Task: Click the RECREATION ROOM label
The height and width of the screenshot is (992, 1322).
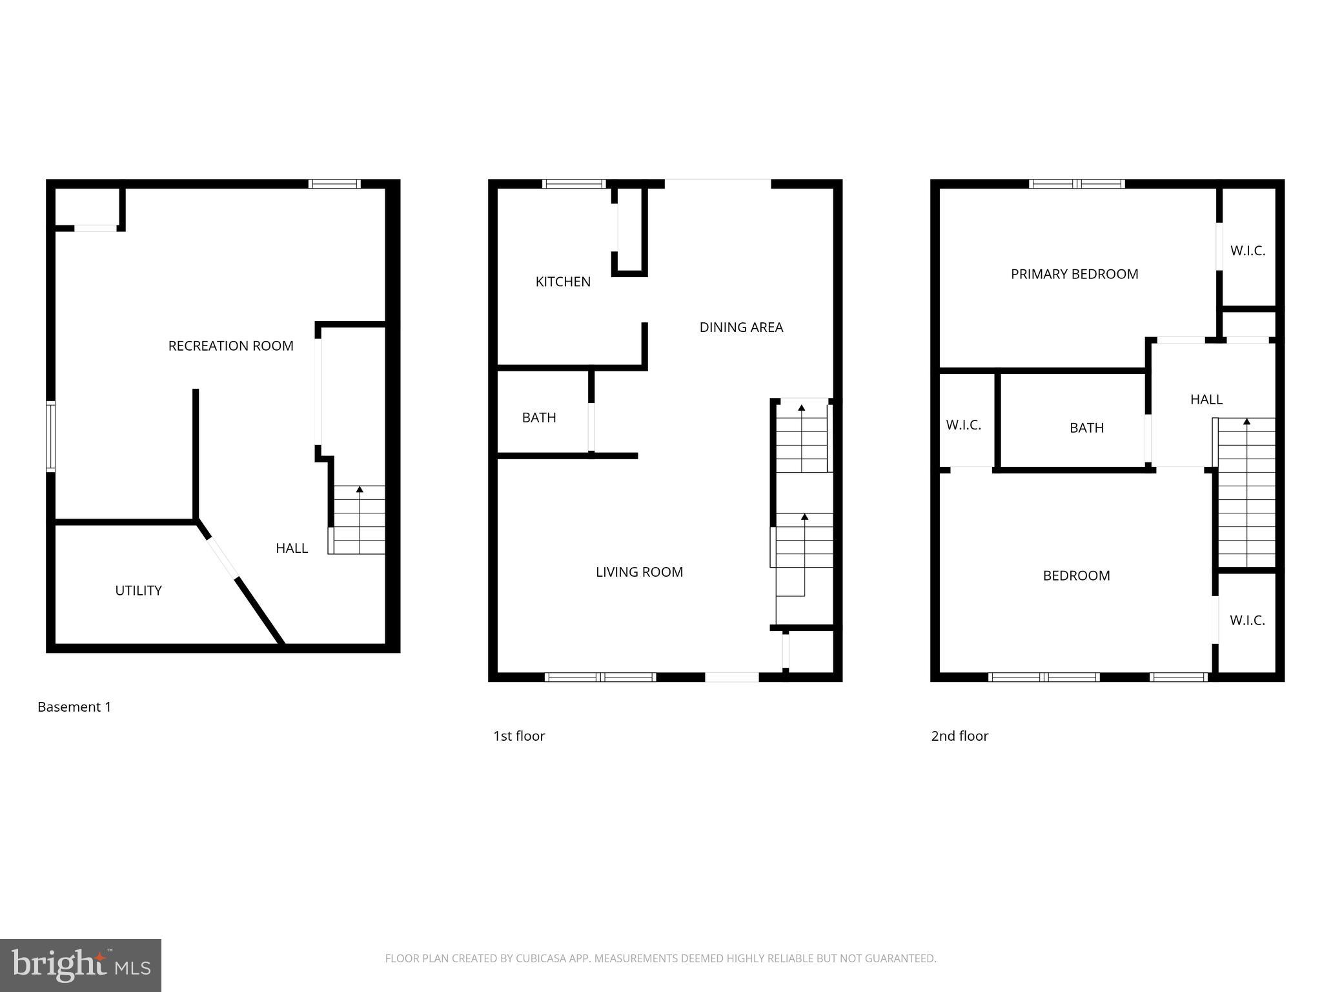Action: (230, 346)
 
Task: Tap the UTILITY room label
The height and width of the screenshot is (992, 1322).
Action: (138, 590)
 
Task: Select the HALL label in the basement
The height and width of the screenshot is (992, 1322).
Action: (292, 548)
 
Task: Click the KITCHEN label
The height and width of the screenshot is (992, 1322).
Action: (563, 282)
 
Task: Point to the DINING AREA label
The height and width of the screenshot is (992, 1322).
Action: (741, 327)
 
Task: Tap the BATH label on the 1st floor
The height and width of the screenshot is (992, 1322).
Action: (539, 418)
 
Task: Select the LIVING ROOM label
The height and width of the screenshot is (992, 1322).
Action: (639, 572)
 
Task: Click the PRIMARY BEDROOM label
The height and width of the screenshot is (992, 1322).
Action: (1074, 274)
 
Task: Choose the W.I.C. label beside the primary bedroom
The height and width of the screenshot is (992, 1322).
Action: (1247, 251)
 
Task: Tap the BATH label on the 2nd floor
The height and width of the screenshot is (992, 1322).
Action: (1086, 428)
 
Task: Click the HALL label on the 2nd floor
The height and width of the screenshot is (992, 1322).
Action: (1206, 400)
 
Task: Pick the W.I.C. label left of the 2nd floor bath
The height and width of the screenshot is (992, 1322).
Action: (963, 426)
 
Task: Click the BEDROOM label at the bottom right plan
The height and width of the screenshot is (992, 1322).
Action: (1076, 576)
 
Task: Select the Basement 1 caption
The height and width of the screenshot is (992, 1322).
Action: (74, 707)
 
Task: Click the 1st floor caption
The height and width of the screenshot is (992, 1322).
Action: (519, 736)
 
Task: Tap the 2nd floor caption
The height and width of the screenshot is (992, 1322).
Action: (959, 736)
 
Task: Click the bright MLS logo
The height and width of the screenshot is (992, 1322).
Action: (81, 965)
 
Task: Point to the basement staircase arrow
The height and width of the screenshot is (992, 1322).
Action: (360, 490)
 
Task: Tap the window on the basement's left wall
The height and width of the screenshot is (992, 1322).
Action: (50, 437)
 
